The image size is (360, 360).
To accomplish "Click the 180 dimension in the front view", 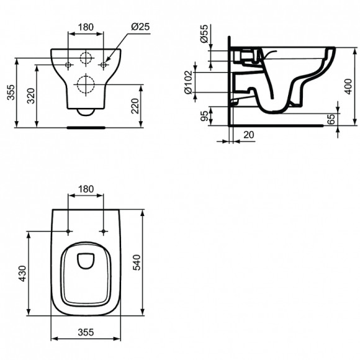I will point(86,27).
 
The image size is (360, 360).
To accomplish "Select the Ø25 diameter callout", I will point(141,27).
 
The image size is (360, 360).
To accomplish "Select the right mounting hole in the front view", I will point(104,64).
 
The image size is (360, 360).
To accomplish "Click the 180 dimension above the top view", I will point(86,189).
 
